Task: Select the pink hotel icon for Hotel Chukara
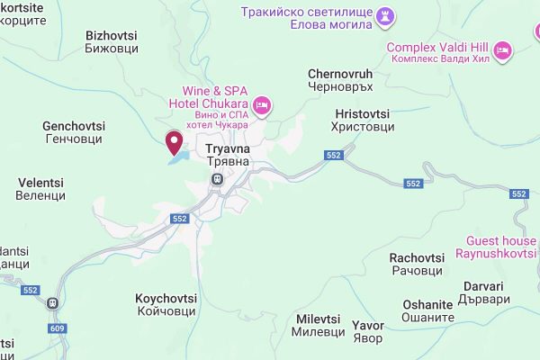[x=262, y=105]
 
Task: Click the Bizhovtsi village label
[x=111, y=42]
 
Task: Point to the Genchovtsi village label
[x=73, y=132]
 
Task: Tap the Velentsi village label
[x=41, y=189]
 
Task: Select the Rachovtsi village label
[x=416, y=265]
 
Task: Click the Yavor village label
[x=367, y=331]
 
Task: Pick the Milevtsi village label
[x=318, y=326]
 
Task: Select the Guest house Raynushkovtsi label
[x=501, y=247]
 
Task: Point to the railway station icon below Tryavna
[x=216, y=179]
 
